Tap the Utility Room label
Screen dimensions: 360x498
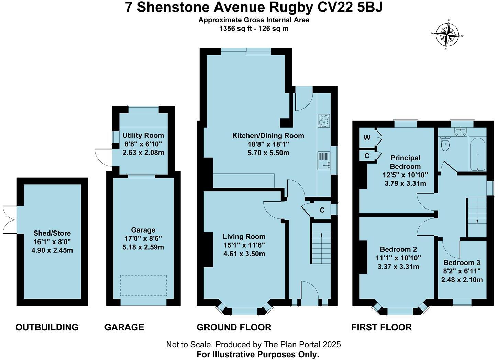[x=143, y=135]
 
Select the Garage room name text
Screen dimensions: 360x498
[x=143, y=230]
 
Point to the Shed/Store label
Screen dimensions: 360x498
[x=52, y=233]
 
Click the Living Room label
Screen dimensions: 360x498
[x=244, y=236]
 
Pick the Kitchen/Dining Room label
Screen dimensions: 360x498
[x=268, y=135]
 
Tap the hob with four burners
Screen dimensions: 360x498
[x=323, y=121]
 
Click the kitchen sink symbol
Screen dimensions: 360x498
[x=324, y=161]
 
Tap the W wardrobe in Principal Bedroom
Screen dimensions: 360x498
[x=367, y=138]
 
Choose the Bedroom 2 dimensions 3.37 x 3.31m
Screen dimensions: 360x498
[x=398, y=267]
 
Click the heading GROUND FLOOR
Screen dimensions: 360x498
[x=234, y=327]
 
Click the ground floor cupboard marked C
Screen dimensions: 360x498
[x=322, y=210]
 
